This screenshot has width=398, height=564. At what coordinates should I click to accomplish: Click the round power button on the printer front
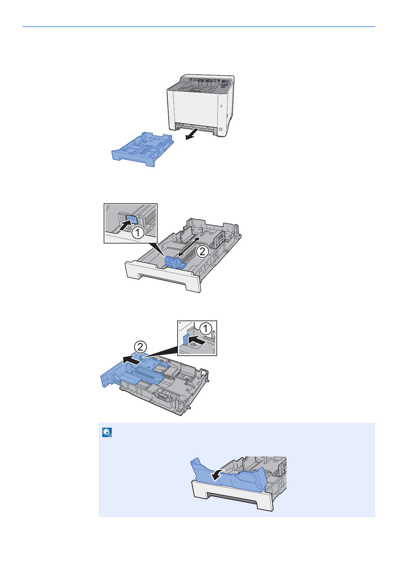click(220, 129)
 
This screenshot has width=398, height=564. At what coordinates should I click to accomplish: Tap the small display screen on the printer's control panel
click(225, 82)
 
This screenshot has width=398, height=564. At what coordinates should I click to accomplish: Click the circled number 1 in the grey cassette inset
click(137, 233)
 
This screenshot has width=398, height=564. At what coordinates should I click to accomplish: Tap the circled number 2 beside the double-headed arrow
click(203, 251)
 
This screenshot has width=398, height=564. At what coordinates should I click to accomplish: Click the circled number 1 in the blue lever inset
click(206, 329)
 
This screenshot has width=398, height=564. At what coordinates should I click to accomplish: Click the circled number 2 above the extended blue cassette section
click(140, 346)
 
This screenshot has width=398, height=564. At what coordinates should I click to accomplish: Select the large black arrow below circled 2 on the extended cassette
click(131, 360)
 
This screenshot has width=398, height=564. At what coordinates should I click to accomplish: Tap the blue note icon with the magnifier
click(107, 433)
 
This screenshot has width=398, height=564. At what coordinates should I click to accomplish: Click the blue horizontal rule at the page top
click(199, 26)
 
